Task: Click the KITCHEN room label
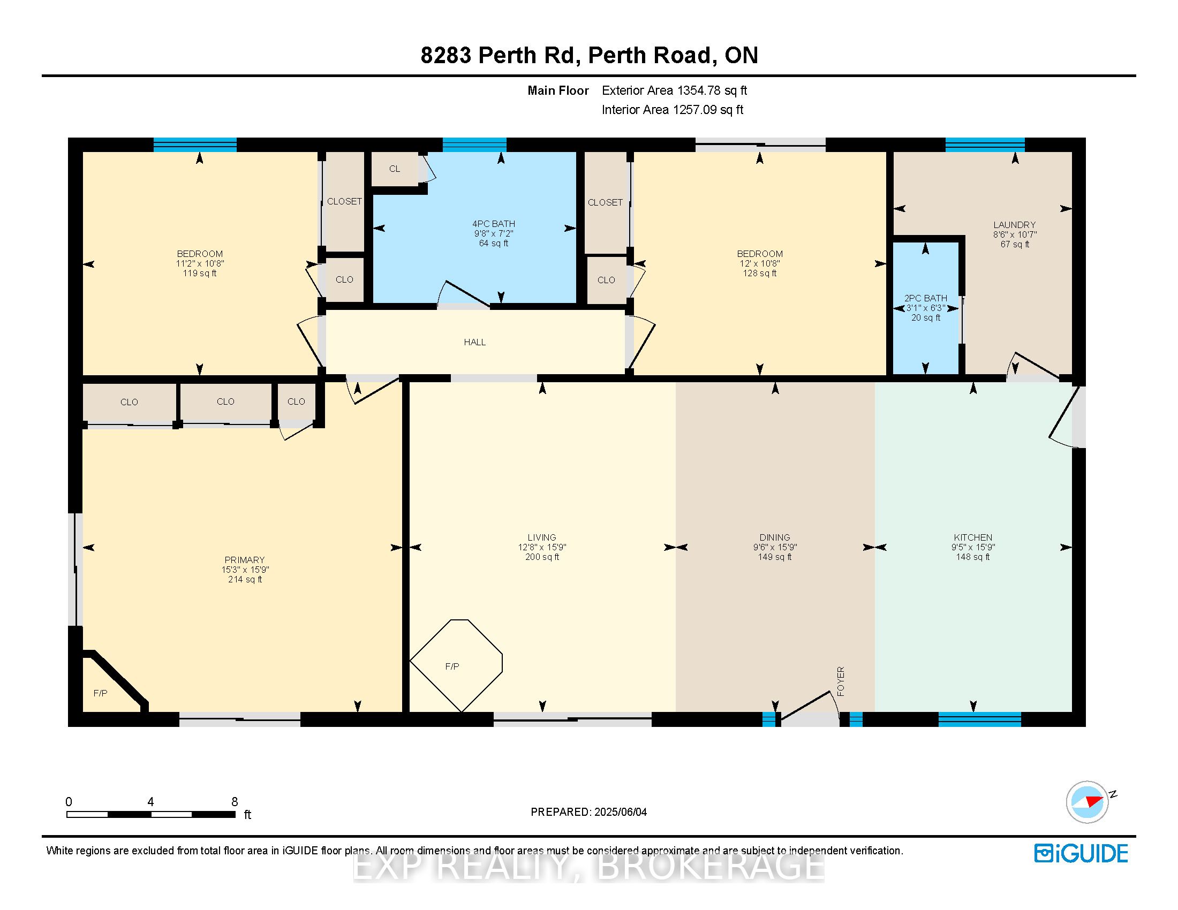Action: click(972, 537)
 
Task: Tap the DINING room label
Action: click(775, 537)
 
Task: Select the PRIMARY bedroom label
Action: click(244, 560)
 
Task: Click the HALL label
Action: click(474, 343)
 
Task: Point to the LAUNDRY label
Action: click(1015, 225)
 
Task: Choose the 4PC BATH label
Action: click(494, 224)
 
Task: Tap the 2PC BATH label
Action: click(926, 298)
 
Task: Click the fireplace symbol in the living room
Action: click(456, 665)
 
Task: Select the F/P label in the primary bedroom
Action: click(100, 693)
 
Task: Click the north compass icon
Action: click(1088, 802)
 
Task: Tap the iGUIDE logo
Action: click(1081, 853)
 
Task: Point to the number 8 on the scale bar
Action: click(235, 802)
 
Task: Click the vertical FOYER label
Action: click(840, 681)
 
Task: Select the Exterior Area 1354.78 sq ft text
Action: click(674, 90)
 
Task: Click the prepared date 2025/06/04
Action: click(620, 812)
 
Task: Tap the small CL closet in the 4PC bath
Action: click(395, 169)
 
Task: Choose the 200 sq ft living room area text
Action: click(542, 557)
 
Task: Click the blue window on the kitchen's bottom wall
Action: click(979, 719)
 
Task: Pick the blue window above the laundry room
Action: click(985, 145)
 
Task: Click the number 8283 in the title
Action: click(446, 55)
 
